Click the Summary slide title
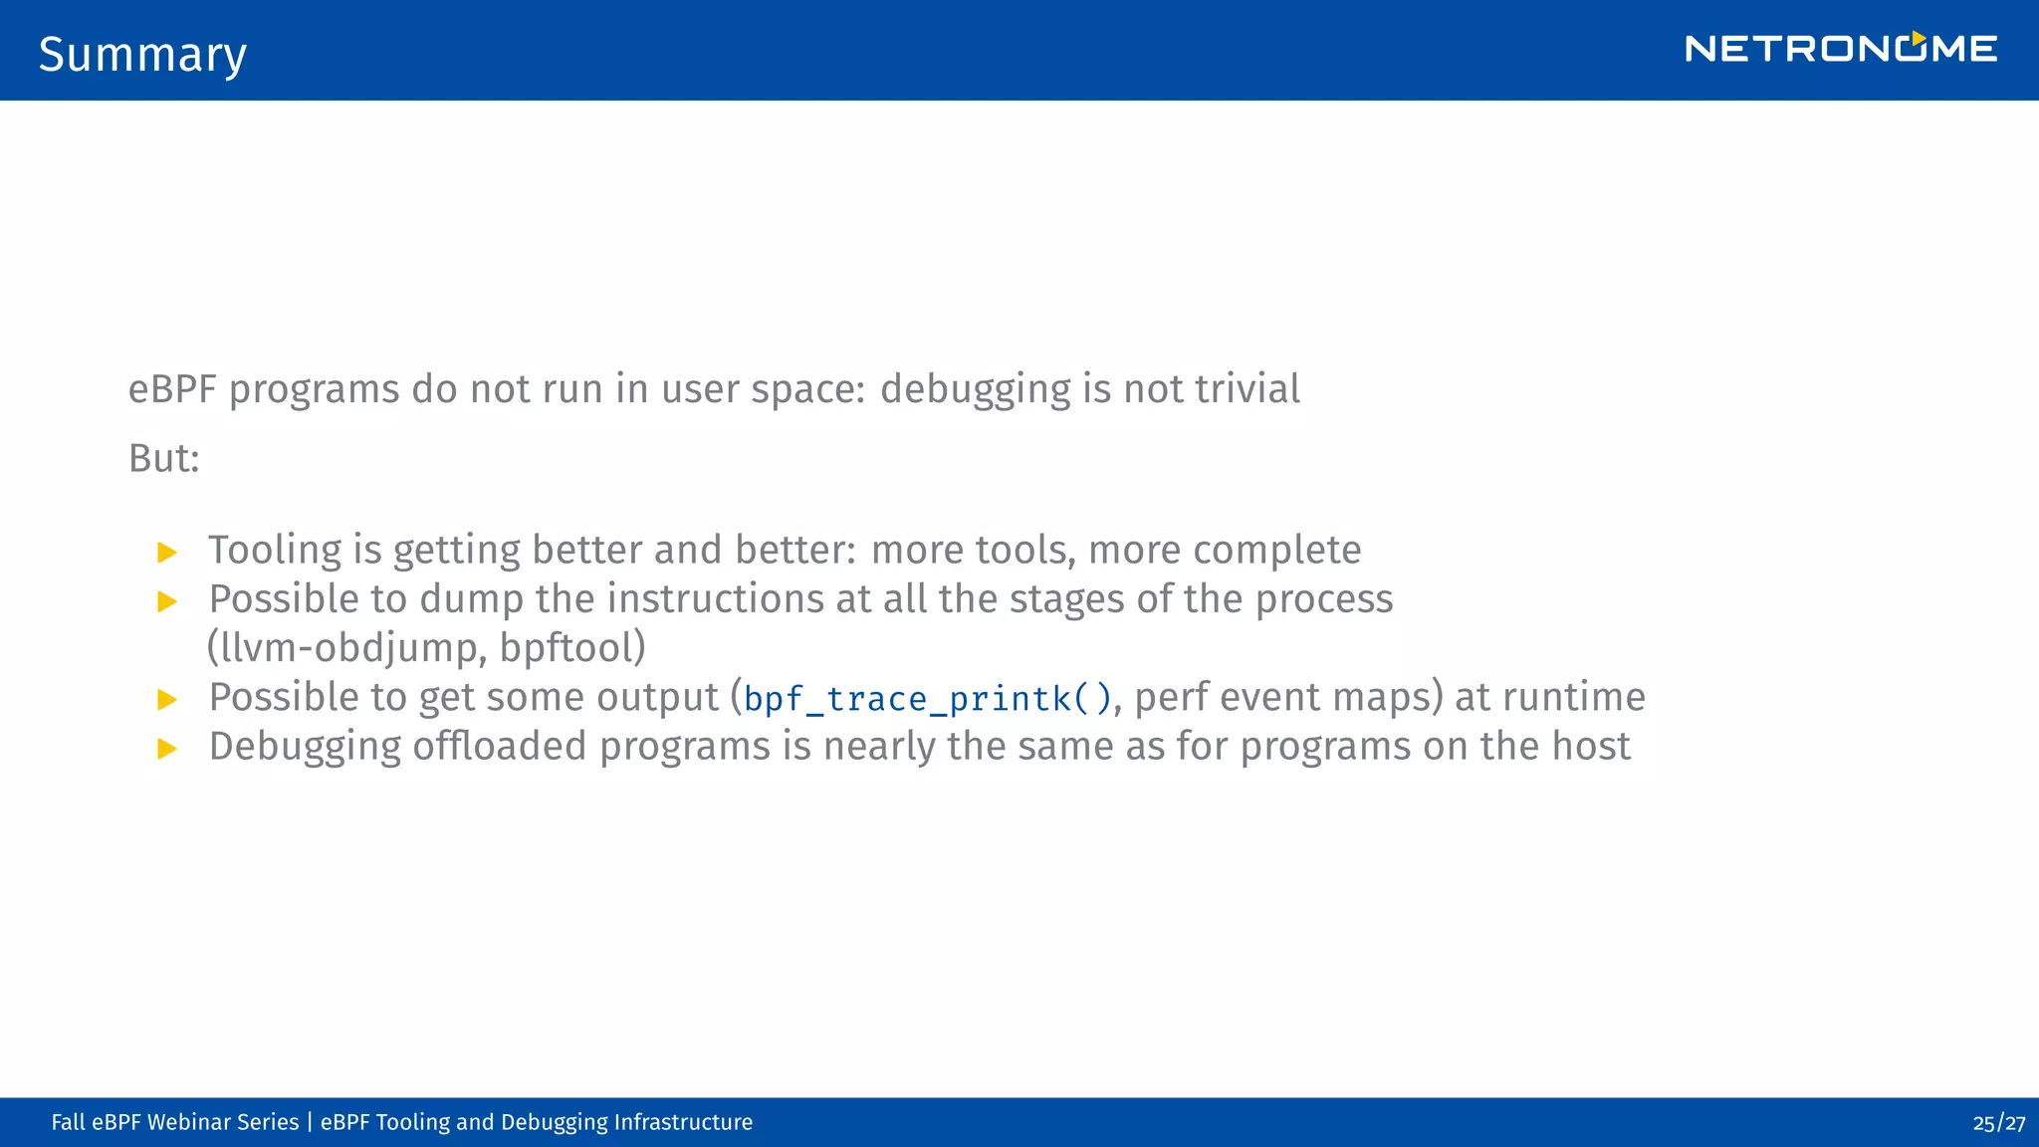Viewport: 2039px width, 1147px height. click(142, 55)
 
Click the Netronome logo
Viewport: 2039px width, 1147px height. click(1840, 49)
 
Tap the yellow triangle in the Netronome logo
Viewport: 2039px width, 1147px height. click(1918, 38)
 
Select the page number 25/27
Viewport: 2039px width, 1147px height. click(1998, 1123)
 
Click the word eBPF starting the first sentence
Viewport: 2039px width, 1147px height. click(172, 389)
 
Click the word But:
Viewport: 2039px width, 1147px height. click(164, 459)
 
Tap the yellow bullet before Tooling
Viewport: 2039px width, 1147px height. click(167, 553)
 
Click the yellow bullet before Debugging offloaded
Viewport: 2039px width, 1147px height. click(167, 749)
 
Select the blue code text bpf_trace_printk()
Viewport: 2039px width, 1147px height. click(927, 699)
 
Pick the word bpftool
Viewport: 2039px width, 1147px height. click(566, 648)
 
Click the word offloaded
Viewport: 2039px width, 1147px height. click(499, 747)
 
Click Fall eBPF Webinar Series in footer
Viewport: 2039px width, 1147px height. click(174, 1123)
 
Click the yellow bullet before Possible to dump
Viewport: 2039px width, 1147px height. click(167, 601)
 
